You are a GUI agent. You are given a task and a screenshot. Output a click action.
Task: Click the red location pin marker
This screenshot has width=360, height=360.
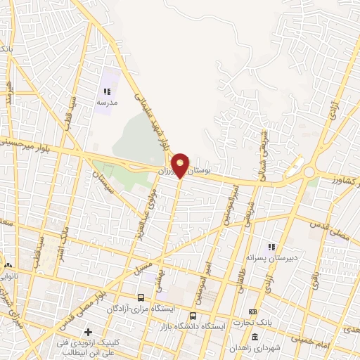[x=181, y=165]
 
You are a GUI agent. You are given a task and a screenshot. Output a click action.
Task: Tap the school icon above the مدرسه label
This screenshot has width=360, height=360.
[x=106, y=91]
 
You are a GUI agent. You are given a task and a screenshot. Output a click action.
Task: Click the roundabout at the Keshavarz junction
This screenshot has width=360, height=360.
[x=309, y=172]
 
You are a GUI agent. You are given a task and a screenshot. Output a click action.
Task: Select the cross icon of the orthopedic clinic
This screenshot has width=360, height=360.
[x=88, y=332]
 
